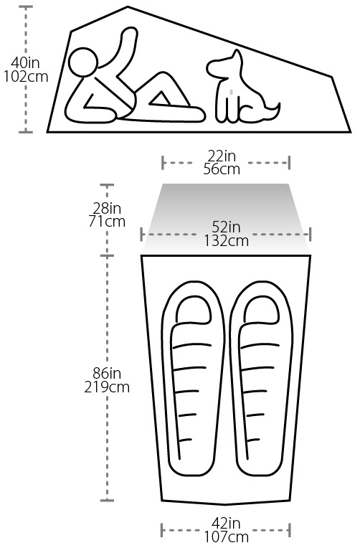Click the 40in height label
click(x=25, y=63)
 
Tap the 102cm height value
click(x=26, y=77)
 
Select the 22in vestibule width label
click(x=222, y=156)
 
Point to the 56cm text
click(x=222, y=169)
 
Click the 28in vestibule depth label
click(x=107, y=209)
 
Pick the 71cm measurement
click(x=107, y=222)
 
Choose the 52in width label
click(x=226, y=227)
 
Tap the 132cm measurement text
click(x=226, y=241)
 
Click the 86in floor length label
click(x=107, y=374)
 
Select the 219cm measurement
click(x=107, y=387)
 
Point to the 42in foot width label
click(x=226, y=524)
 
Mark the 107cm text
click(x=226, y=537)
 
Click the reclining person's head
click(x=83, y=62)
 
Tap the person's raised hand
click(x=129, y=36)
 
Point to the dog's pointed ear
click(x=237, y=56)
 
